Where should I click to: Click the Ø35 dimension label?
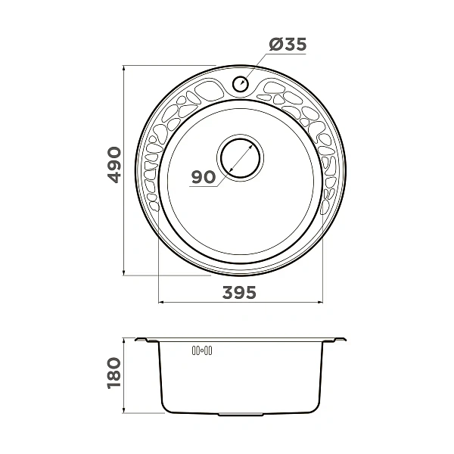point(288,45)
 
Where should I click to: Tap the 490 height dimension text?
point(114,165)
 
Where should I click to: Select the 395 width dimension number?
point(239,292)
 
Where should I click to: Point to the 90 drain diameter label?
point(204,177)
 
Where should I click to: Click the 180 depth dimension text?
point(114,373)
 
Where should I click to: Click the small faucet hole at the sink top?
point(241,83)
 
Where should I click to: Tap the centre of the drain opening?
point(240,158)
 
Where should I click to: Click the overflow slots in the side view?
point(202,350)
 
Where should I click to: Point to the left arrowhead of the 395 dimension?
point(161,302)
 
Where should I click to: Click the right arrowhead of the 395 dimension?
point(320,302)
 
